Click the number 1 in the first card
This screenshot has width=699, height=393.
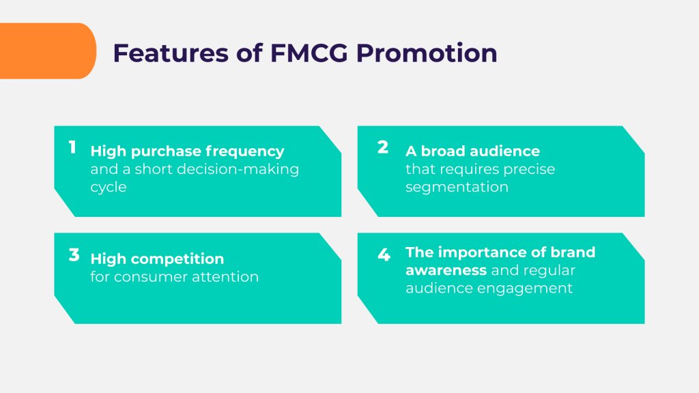coord(72,147)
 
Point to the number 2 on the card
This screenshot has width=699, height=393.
coord(383,147)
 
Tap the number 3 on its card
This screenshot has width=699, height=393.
coord(74,256)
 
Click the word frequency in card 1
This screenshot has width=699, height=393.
coord(248,151)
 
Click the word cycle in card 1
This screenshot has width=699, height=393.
coord(109,187)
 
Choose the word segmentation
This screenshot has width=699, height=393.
coord(457,187)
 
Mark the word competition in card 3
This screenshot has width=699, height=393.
coord(177,259)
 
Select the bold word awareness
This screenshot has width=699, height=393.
coord(446,271)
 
